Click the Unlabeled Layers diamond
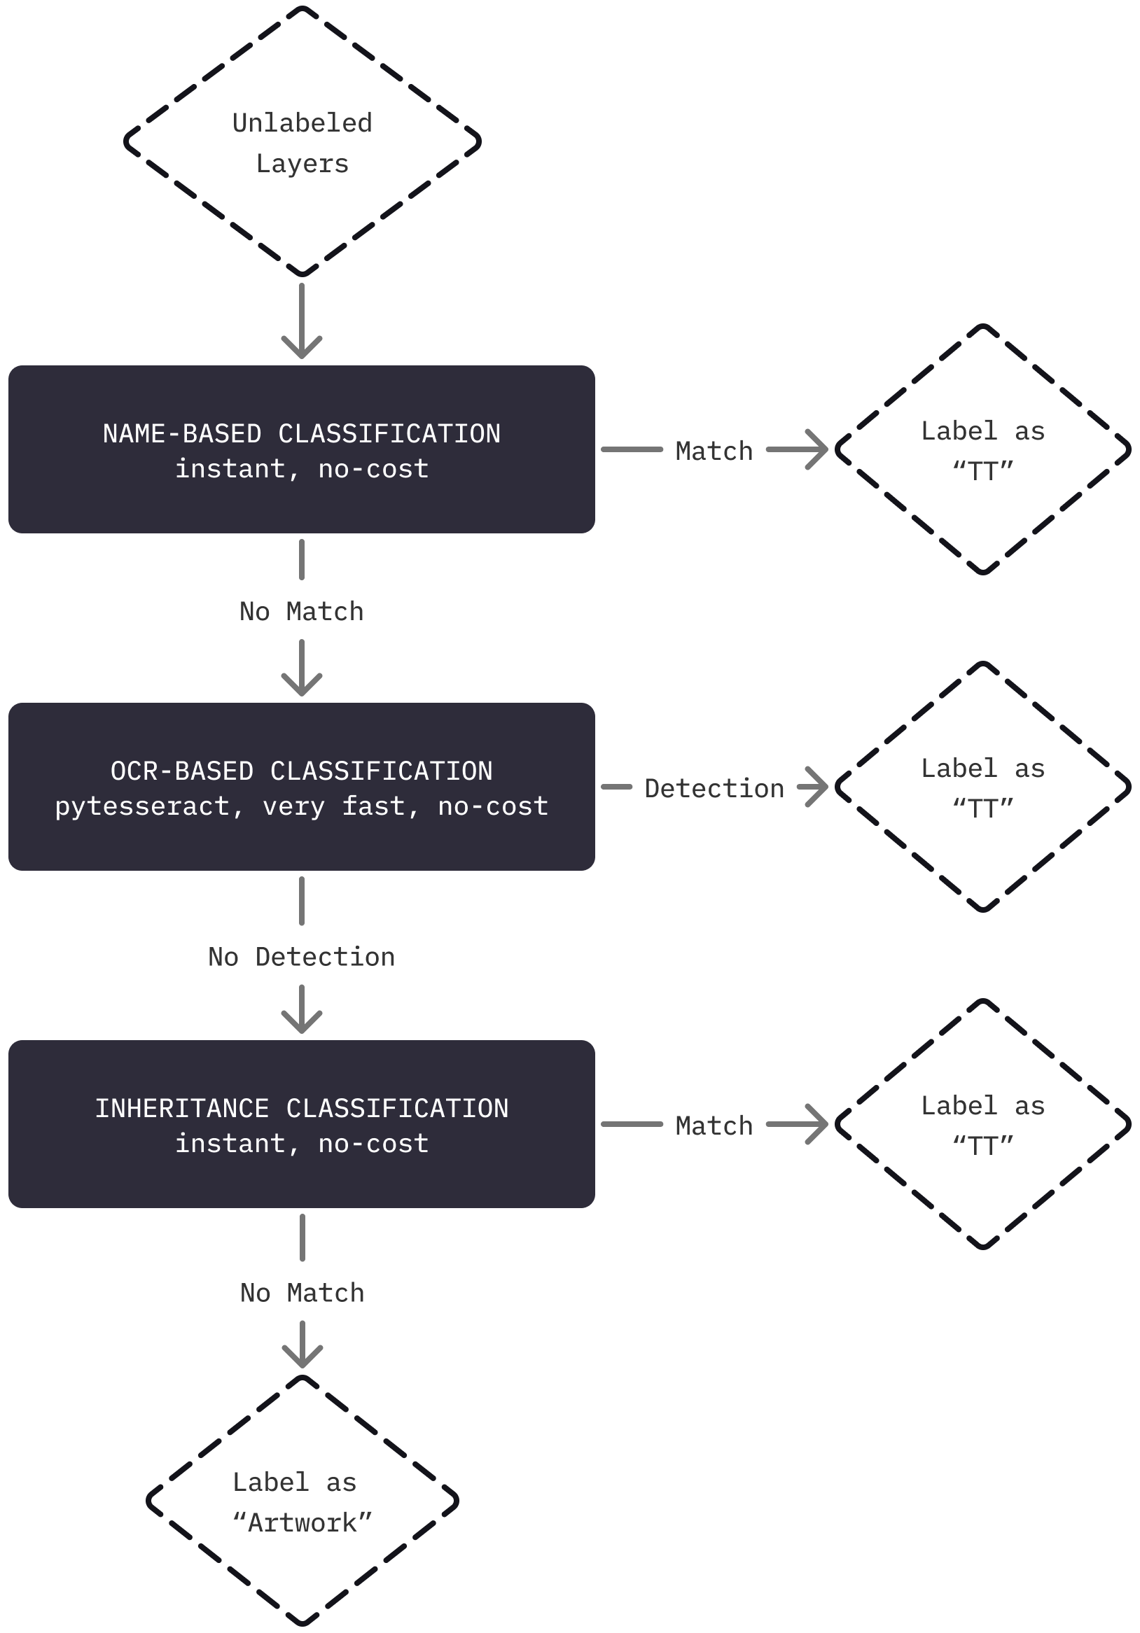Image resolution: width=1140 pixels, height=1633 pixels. [303, 142]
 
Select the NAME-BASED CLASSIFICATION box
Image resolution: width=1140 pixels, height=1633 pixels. [302, 450]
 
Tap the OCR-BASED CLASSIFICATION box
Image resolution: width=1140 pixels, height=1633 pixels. [302, 787]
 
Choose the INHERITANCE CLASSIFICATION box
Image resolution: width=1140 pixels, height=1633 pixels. [302, 1124]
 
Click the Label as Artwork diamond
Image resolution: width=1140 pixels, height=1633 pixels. [303, 1501]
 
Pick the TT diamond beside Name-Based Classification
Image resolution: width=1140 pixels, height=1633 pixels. [982, 450]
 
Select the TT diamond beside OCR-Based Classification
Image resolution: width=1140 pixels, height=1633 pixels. [982, 787]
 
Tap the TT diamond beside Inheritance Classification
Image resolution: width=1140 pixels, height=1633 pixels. [982, 1124]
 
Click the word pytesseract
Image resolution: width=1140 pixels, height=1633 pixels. [141, 806]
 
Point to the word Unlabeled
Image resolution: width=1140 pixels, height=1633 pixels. [303, 123]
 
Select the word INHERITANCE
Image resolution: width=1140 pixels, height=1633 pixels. [182, 1108]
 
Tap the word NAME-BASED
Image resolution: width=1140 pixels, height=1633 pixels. [182, 434]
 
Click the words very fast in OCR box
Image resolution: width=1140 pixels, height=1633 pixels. [333, 806]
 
